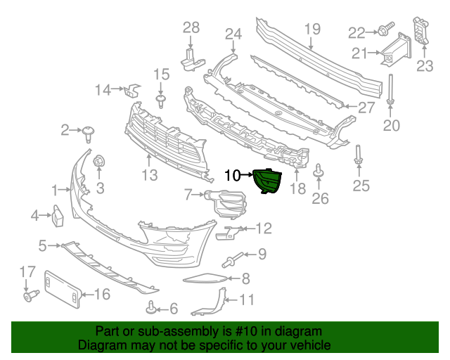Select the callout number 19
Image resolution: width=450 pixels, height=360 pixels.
[312, 30]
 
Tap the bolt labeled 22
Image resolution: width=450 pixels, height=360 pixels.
[386, 31]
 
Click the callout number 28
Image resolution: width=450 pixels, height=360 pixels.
[191, 27]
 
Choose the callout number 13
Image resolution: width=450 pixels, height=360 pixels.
[150, 174]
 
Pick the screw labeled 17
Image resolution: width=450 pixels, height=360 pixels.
[29, 295]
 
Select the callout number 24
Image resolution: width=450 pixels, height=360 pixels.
[233, 34]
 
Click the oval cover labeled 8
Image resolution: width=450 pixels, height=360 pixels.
[205, 279]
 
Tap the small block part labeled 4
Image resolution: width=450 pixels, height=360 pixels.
[58, 215]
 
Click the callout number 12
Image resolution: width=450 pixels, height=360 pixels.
[263, 228]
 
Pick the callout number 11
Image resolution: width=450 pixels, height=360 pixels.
[246, 300]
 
